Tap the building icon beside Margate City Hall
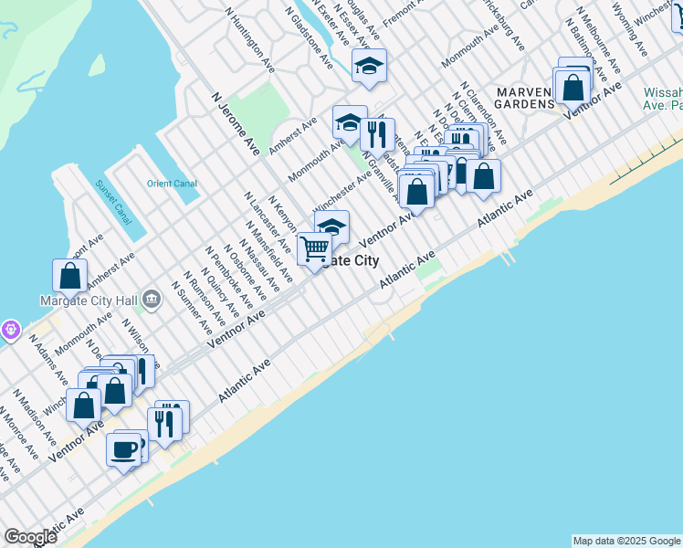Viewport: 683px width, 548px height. (x=152, y=297)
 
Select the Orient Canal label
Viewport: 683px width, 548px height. (x=172, y=184)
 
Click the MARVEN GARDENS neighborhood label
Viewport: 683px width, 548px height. (x=524, y=98)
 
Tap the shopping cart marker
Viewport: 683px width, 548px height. (x=315, y=248)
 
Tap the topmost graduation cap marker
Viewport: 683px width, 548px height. (x=369, y=65)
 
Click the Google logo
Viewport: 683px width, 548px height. (x=30, y=537)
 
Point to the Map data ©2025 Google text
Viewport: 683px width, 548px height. (x=626, y=541)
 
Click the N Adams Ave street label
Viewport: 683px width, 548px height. (x=48, y=359)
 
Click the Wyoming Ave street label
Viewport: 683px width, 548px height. (x=629, y=26)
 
